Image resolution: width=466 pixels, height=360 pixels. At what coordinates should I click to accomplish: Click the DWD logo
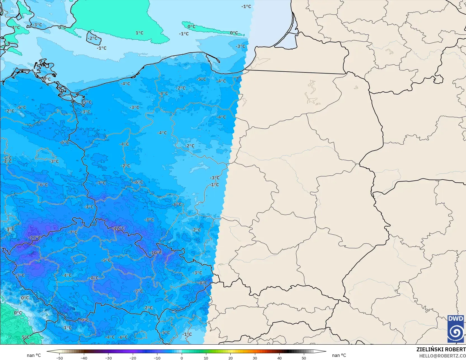(456, 329)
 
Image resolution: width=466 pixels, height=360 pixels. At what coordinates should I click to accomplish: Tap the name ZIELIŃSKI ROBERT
(441, 349)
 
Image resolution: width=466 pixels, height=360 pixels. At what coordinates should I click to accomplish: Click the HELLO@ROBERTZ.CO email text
(442, 356)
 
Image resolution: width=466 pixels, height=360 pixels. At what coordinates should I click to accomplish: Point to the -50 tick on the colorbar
(60, 358)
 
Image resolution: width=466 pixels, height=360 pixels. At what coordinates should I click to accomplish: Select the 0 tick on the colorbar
(182, 358)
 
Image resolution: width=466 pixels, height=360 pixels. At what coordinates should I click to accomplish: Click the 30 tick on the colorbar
(255, 358)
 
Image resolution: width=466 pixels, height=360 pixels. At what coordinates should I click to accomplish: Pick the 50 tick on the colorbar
(304, 358)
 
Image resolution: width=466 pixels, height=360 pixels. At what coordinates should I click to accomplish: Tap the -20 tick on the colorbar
(133, 358)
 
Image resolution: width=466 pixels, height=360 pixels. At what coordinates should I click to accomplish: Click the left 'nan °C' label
(34, 355)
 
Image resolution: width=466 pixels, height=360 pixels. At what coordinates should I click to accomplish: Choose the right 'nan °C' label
(339, 355)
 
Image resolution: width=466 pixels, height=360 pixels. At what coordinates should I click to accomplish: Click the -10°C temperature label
(155, 253)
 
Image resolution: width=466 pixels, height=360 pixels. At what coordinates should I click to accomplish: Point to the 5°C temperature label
(25, 337)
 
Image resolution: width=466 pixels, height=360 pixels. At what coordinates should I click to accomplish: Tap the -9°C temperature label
(84, 320)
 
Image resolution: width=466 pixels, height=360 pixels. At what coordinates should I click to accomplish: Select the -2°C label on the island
(93, 38)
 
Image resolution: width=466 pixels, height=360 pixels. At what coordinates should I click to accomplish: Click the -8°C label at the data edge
(203, 283)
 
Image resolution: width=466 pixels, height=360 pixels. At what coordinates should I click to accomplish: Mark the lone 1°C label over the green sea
(139, 33)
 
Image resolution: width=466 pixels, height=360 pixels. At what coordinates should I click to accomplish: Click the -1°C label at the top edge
(246, 6)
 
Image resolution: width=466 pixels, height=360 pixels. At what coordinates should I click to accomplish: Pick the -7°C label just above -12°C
(73, 232)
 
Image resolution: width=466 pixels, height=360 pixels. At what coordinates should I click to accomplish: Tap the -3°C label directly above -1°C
(215, 178)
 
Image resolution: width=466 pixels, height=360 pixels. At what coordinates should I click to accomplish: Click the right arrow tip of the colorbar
(325, 351)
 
